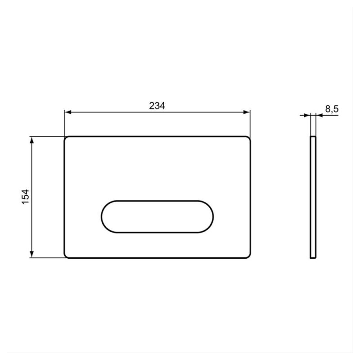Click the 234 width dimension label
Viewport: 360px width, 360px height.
pos(157,106)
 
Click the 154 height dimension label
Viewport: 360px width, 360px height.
pos(25,197)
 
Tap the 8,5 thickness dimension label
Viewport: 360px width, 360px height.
pos(332,109)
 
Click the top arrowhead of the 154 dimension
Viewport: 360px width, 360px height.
pos(32,140)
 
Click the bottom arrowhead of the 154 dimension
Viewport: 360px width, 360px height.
pos(32,254)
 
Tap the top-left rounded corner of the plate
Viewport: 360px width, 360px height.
pos(66,138)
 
